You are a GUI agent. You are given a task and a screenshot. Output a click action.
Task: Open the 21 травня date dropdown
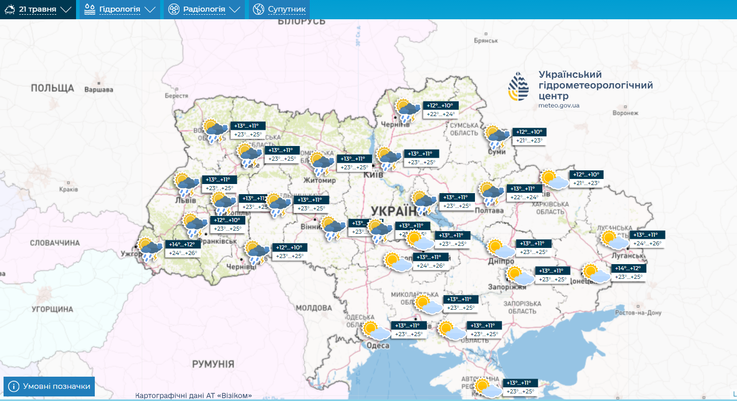[38, 9]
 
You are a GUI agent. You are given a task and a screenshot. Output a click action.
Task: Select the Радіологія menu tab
[204, 9]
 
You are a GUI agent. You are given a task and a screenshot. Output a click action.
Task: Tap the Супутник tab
[279, 9]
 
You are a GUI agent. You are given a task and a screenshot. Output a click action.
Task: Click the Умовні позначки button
[49, 386]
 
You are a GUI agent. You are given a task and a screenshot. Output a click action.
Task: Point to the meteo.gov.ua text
[559, 105]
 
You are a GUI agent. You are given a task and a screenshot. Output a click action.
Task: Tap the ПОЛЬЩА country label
[52, 88]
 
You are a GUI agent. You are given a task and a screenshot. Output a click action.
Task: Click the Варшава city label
[98, 90]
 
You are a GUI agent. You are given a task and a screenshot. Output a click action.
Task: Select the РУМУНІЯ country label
[213, 364]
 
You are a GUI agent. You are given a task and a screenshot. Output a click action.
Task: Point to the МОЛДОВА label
[313, 308]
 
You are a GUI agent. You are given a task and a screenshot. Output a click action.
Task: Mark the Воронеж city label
[624, 113]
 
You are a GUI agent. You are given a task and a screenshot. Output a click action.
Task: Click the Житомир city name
[319, 180]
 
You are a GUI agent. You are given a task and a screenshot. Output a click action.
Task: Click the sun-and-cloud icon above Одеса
[377, 331]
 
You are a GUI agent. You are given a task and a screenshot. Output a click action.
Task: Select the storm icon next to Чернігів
[408, 110]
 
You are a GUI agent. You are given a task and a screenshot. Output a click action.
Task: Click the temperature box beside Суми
[529, 136]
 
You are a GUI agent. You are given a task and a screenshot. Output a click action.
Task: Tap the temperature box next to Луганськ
[648, 239]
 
